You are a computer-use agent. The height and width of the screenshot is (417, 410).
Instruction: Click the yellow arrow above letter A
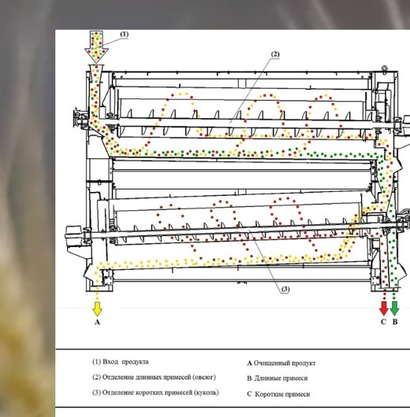click(x=97, y=309)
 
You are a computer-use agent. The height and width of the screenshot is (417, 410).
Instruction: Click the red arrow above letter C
click(x=384, y=308)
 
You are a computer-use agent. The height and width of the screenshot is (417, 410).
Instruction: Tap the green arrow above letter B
click(x=394, y=308)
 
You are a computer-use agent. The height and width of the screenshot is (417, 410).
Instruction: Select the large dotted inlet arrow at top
click(x=96, y=46)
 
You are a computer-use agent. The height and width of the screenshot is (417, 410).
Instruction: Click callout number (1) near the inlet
click(x=125, y=35)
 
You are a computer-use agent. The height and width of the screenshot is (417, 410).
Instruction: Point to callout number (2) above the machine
click(x=275, y=54)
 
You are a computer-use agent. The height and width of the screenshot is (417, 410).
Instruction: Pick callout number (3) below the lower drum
click(x=285, y=289)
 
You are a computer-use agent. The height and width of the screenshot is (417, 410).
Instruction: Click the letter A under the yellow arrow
click(x=97, y=322)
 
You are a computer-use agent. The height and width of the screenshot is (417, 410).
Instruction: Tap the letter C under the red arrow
click(x=383, y=322)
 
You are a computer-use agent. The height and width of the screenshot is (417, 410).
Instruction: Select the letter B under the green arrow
click(x=395, y=322)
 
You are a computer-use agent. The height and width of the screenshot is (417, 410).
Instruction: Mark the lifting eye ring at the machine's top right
click(x=385, y=68)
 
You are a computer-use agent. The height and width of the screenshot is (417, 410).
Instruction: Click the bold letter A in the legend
click(x=249, y=363)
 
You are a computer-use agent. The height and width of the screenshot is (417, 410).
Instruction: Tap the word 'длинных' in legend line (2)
click(x=149, y=378)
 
